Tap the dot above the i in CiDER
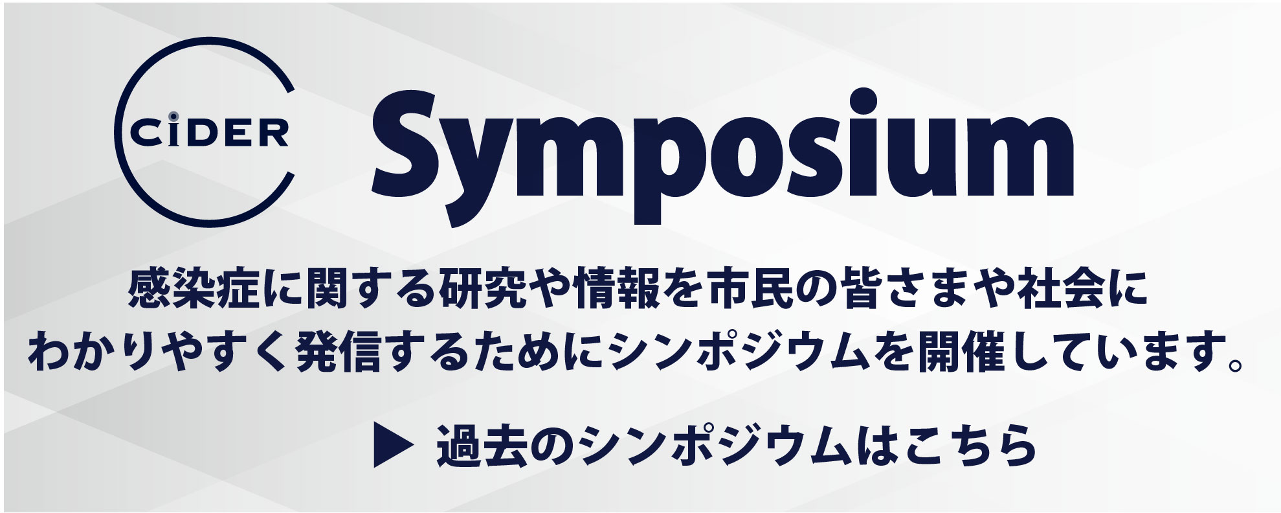(173, 116)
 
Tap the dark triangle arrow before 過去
(392, 446)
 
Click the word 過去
(480, 446)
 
